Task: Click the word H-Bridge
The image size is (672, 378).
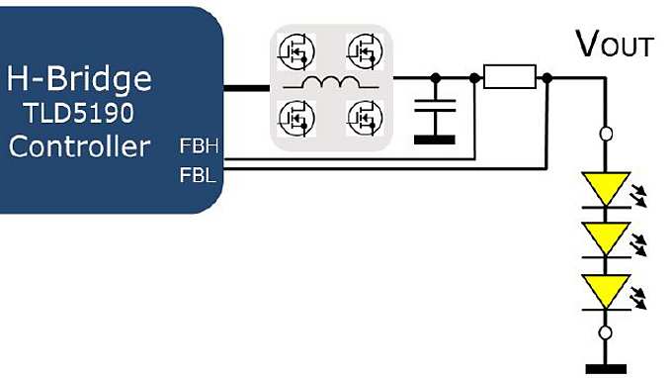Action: click(80, 77)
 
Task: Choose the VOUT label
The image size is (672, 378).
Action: click(614, 45)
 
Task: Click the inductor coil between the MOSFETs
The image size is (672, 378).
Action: click(329, 83)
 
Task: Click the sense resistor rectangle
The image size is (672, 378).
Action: click(510, 76)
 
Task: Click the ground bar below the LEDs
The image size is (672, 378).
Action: click(606, 370)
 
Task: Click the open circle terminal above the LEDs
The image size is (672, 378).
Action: click(606, 133)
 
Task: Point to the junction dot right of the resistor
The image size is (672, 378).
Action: click(546, 76)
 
